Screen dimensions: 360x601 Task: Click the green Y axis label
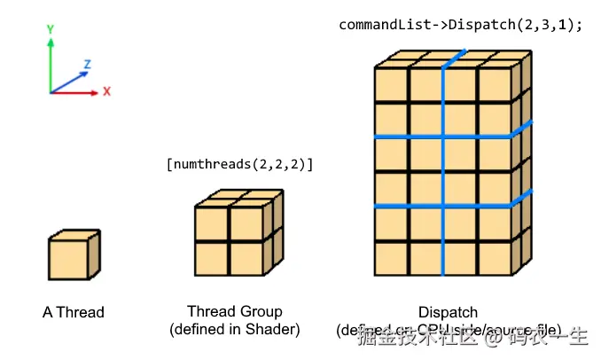point(51,28)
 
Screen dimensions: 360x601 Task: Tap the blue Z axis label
point(87,65)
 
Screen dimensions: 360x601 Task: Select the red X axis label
point(106,91)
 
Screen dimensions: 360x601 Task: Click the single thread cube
point(69,258)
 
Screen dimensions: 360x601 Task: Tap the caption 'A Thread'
point(73,312)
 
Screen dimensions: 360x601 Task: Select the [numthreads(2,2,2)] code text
point(239,164)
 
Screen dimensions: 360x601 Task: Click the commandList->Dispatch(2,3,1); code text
point(460,25)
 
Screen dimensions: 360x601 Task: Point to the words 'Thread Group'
point(235,311)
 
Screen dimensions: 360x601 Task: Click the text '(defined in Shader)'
point(235,329)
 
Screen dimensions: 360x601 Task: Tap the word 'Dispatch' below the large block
point(448,312)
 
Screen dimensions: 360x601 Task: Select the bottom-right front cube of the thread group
point(246,259)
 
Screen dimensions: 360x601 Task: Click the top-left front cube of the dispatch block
point(392,86)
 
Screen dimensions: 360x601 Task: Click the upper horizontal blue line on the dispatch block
point(443,137)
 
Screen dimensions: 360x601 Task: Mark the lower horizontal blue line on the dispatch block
point(443,207)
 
